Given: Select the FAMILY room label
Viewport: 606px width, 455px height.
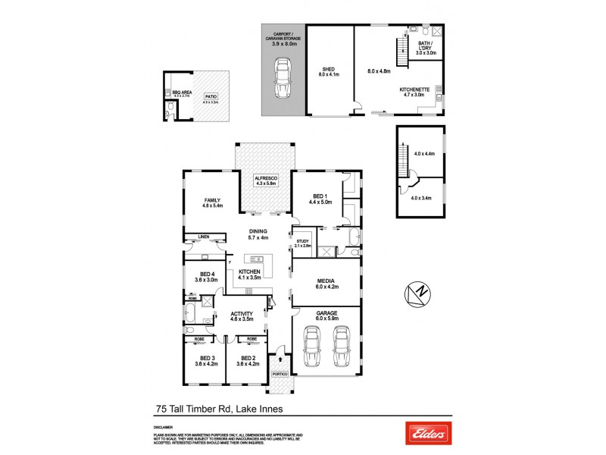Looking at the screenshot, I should [x=211, y=200].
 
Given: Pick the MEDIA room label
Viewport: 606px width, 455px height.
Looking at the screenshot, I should [x=326, y=280].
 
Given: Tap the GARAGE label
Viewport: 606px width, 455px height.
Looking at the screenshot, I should [x=327, y=312].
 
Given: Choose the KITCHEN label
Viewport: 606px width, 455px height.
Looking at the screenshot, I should [x=250, y=271].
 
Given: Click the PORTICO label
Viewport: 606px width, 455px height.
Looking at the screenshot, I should [x=280, y=373].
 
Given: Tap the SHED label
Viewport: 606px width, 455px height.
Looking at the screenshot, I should [x=328, y=69].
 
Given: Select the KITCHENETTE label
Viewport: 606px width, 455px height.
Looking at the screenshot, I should [x=415, y=89].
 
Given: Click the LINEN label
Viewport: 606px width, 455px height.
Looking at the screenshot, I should [x=203, y=237].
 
